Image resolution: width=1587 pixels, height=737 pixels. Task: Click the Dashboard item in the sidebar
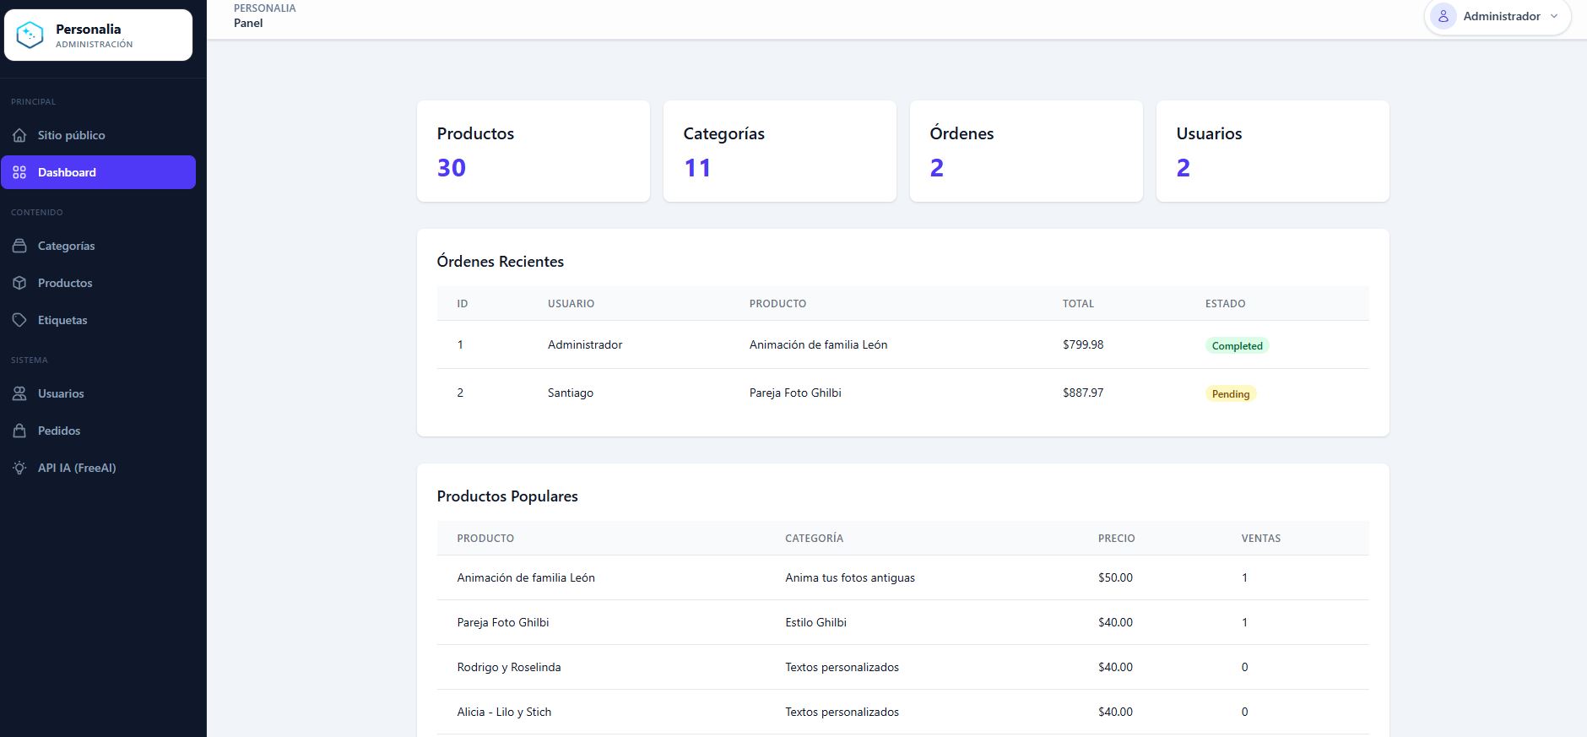[98, 172]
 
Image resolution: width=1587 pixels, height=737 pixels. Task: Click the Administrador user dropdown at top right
[1497, 17]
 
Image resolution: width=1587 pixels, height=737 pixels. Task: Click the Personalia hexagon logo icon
[30, 35]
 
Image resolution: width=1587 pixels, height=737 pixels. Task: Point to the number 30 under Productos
[452, 168]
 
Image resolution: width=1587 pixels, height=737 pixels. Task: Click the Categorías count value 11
[697, 168]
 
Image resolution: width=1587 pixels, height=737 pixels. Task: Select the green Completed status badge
[1237, 345]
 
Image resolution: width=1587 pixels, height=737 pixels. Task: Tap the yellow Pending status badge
[1231, 393]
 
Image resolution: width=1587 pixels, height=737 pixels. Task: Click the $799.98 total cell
[1083, 344]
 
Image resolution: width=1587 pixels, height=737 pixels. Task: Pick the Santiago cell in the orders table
[571, 393]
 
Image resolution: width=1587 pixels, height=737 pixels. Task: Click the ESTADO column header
[1225, 304]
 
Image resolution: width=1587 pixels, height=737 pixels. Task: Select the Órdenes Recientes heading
[501, 262]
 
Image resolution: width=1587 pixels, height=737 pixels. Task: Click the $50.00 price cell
[1115, 577]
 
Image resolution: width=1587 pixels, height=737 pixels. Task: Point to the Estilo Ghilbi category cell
[815, 622]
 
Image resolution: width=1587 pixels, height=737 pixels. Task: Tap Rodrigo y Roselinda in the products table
[509, 667]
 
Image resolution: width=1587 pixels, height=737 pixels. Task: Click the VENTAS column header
[1261, 539]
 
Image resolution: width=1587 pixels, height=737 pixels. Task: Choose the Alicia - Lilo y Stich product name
[504, 712]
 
